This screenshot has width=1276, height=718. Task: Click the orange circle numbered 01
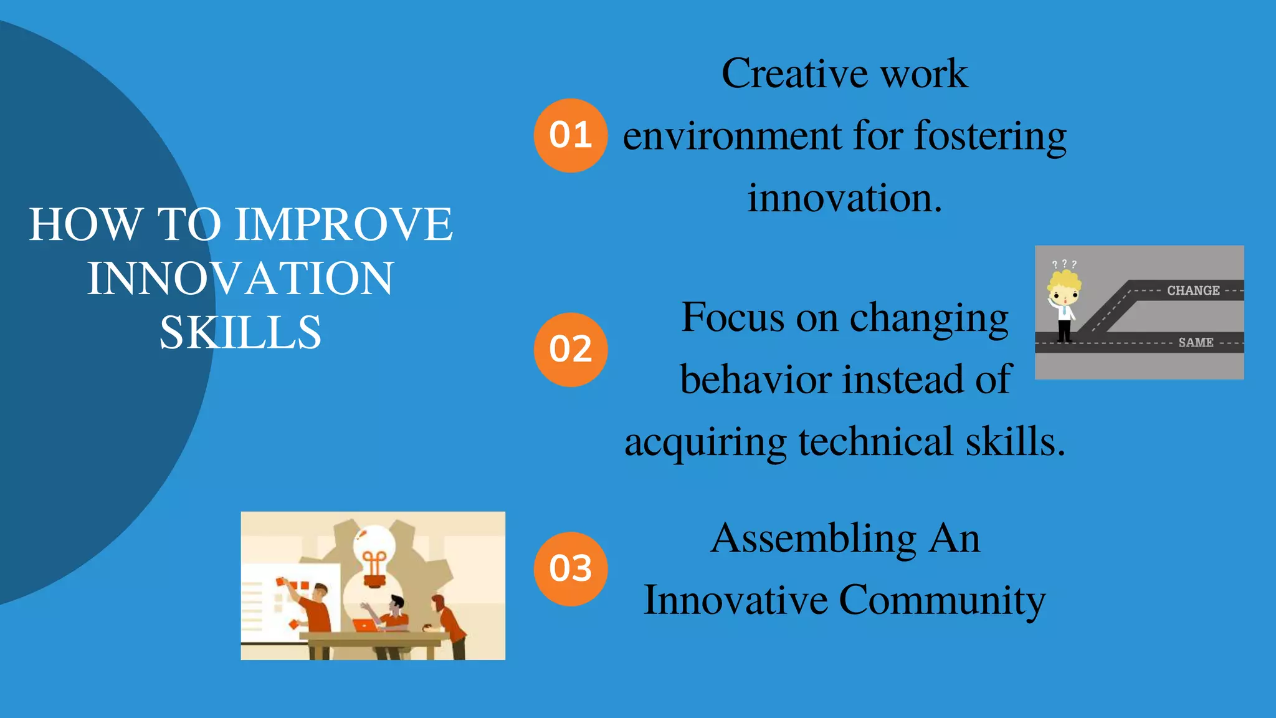point(570,135)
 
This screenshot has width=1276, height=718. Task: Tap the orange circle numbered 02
point(570,349)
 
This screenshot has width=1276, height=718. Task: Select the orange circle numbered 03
point(570,568)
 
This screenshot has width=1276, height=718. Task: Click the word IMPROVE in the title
point(344,224)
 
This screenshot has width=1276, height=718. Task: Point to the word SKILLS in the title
point(240,332)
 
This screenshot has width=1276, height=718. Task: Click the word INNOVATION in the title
point(240,279)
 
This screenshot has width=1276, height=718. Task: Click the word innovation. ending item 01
point(844,198)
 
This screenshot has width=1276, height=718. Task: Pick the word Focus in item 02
point(733,317)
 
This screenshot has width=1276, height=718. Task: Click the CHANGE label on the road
point(1193,290)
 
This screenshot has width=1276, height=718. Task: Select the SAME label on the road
point(1195,342)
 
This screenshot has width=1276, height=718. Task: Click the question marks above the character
point(1064,264)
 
